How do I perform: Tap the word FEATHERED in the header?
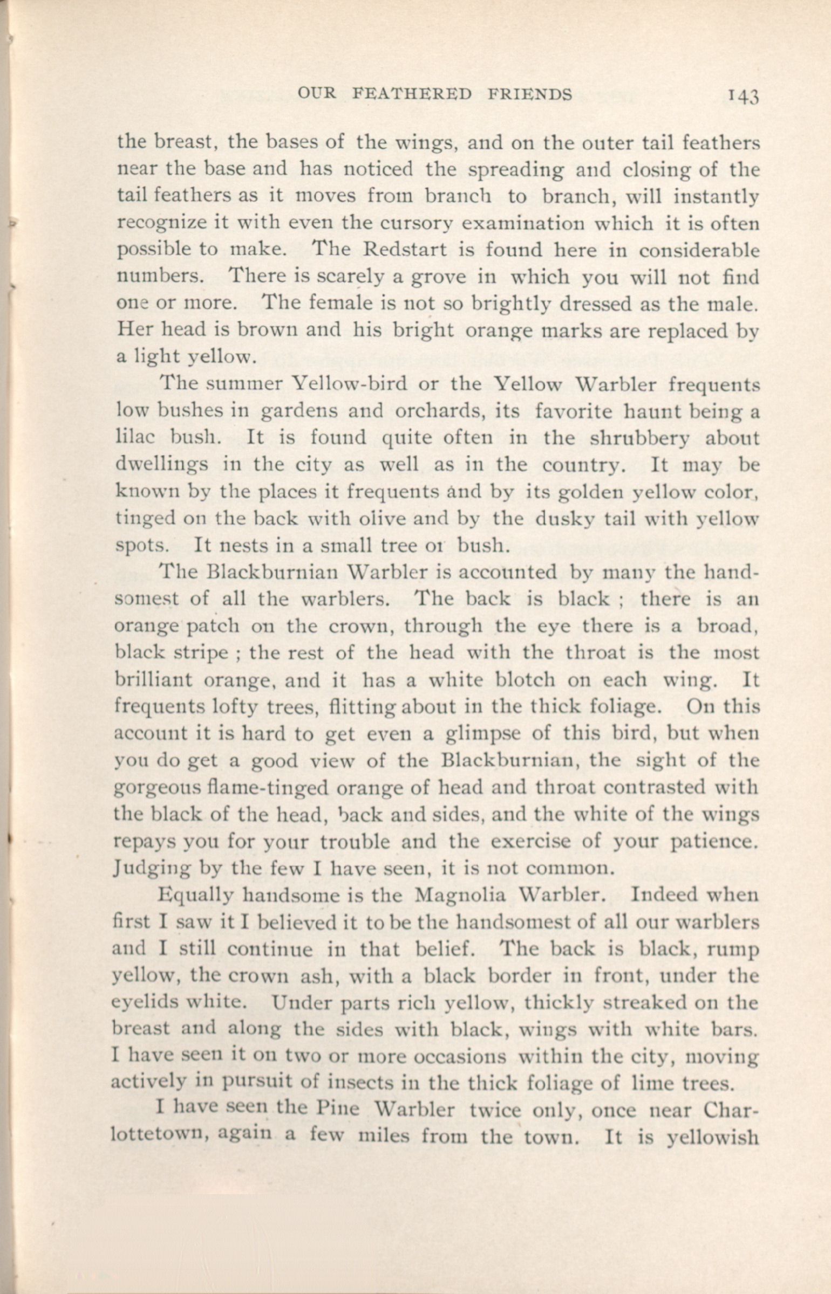412,94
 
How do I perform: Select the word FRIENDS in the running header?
529,94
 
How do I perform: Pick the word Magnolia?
461,896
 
